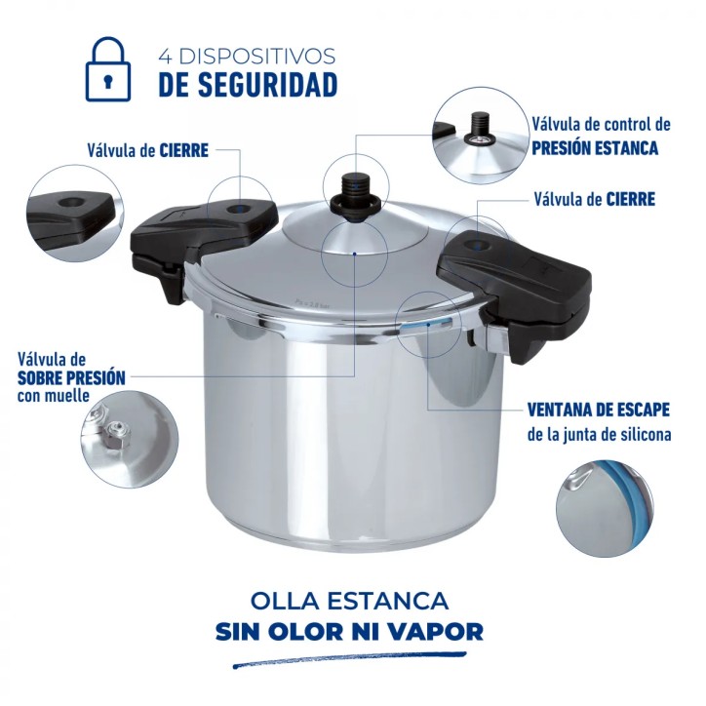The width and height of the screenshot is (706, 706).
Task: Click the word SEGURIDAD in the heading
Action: (x=248, y=85)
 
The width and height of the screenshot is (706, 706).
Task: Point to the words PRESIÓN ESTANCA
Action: (x=595, y=148)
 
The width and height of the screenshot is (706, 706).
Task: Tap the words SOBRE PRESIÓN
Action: (x=70, y=377)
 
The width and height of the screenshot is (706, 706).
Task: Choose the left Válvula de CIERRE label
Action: (x=149, y=151)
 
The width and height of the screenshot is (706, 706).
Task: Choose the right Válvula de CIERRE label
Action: (x=595, y=199)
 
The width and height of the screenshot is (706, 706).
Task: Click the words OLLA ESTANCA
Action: (x=349, y=599)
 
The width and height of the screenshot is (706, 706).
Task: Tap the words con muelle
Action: (x=53, y=396)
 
